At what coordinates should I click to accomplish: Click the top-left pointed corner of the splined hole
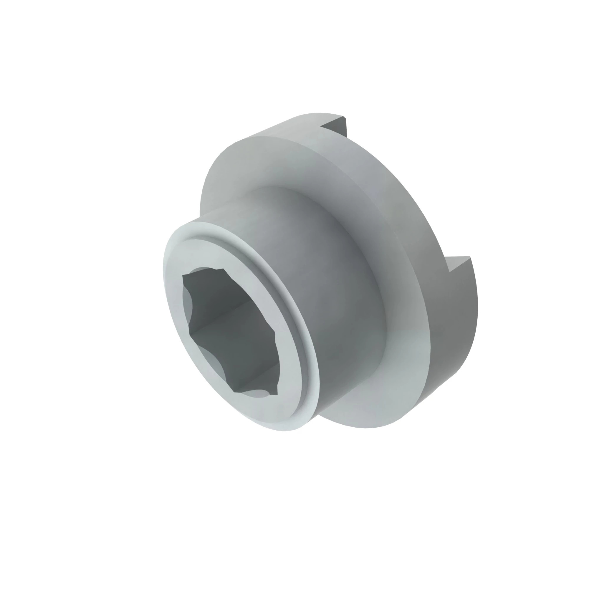pos(183,276)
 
